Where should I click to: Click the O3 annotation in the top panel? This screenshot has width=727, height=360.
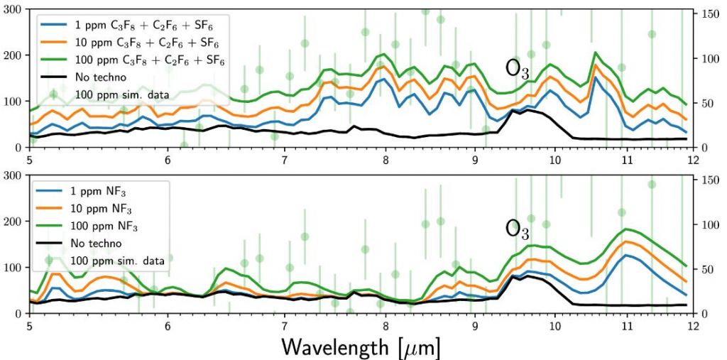(517, 68)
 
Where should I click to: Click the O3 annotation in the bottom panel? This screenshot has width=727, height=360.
(517, 228)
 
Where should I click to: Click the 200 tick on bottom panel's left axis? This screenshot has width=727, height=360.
(13, 222)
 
